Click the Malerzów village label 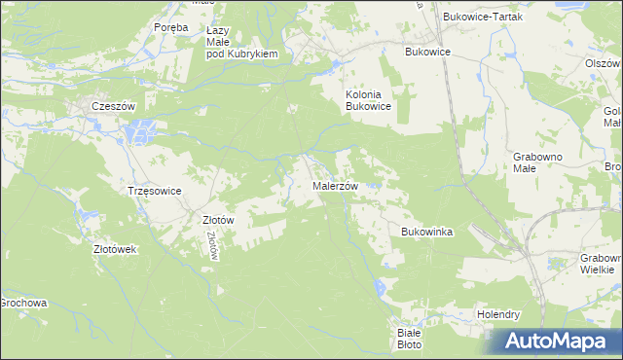336,186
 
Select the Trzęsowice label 155,191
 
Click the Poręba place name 170,27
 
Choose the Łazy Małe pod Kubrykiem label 242,43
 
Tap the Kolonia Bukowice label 368,101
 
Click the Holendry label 498,315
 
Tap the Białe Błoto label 409,338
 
